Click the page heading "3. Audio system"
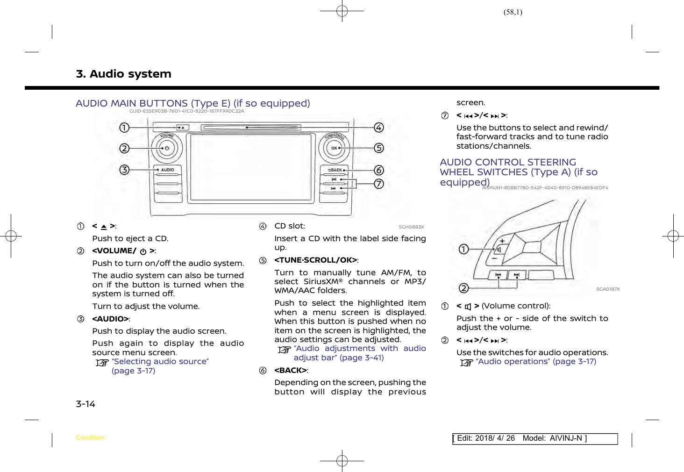click(x=123, y=74)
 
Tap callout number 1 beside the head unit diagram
click(x=124, y=127)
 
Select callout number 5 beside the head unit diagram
click(x=379, y=148)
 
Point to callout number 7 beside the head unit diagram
click(x=379, y=184)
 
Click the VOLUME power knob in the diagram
click(x=166, y=148)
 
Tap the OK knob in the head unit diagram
click(x=335, y=148)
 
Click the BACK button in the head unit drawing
click(x=335, y=170)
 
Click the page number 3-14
click(x=85, y=404)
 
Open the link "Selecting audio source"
click(x=160, y=362)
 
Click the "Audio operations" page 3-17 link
click(x=536, y=362)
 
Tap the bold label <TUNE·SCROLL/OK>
click(x=316, y=260)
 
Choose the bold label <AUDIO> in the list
click(x=110, y=319)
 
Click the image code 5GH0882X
click(x=411, y=227)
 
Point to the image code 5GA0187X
click(x=608, y=289)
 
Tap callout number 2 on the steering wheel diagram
click(x=463, y=288)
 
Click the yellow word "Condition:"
click(x=91, y=438)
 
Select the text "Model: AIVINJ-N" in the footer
click(x=552, y=438)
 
